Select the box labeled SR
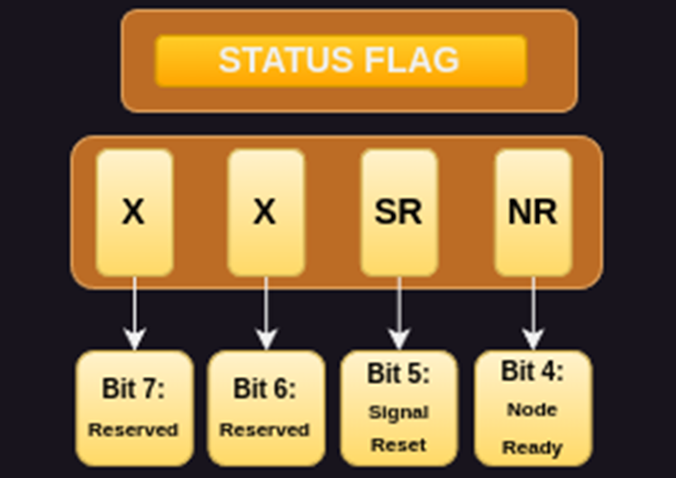click(x=398, y=212)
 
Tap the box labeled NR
click(x=533, y=212)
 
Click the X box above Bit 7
click(x=133, y=212)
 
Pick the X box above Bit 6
click(x=264, y=212)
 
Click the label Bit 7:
click(x=133, y=389)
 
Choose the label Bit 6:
click(x=265, y=389)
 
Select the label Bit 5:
click(x=398, y=373)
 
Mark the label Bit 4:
click(x=533, y=371)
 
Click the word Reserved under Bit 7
click(x=133, y=429)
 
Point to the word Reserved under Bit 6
click(x=265, y=429)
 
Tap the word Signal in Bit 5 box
click(x=398, y=412)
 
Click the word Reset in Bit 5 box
click(x=398, y=445)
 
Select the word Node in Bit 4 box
click(x=533, y=409)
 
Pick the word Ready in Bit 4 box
click(x=533, y=447)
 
